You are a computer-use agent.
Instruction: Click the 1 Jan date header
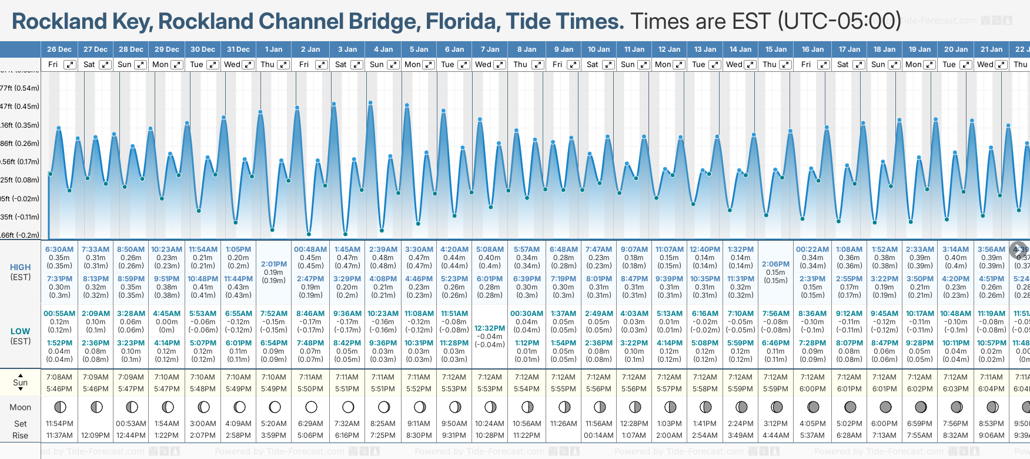(x=273, y=49)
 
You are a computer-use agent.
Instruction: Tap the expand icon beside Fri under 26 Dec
(x=70, y=65)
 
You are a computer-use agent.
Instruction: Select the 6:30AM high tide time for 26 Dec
(x=59, y=250)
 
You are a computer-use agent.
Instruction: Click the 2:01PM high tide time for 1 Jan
(x=273, y=264)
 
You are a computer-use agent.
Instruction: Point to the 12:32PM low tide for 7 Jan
(x=490, y=328)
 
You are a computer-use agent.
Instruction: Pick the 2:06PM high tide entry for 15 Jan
(x=775, y=264)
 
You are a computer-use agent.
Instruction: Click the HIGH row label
(x=21, y=267)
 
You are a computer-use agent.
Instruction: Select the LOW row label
(x=21, y=331)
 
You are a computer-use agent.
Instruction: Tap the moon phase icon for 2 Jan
(x=311, y=407)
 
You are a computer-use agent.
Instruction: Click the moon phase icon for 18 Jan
(x=885, y=407)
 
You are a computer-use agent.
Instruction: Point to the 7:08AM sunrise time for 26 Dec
(x=59, y=377)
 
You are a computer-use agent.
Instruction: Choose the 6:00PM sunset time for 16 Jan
(x=812, y=389)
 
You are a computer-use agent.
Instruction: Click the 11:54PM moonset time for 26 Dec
(x=59, y=424)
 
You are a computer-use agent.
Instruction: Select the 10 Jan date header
(x=599, y=49)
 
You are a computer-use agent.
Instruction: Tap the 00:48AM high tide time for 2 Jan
(x=310, y=250)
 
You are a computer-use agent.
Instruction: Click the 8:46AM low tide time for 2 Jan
(x=310, y=314)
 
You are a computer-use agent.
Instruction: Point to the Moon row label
(x=21, y=407)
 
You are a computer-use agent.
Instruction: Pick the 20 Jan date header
(x=956, y=49)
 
